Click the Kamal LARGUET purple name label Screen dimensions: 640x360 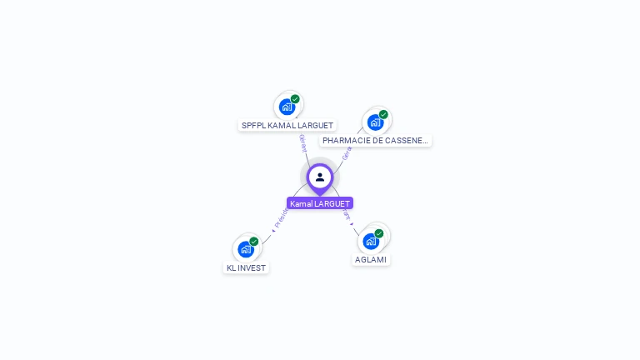(x=320, y=203)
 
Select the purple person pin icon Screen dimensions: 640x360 (x=320, y=177)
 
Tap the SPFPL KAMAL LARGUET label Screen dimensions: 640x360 (x=287, y=125)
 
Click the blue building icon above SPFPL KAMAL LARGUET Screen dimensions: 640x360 (x=287, y=107)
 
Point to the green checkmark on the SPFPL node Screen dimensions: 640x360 (x=295, y=99)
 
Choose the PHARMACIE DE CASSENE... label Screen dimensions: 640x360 (x=375, y=141)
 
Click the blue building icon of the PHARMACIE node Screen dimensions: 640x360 (x=375, y=122)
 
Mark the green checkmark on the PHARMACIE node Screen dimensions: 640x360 (x=383, y=114)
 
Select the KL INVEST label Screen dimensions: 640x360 (x=247, y=267)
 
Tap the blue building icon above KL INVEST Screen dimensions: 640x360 (x=245, y=249)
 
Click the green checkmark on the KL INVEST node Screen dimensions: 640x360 (x=254, y=242)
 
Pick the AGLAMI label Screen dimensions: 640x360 (x=371, y=259)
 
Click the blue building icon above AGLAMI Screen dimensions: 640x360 (x=371, y=241)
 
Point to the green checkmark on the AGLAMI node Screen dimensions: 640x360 (x=379, y=233)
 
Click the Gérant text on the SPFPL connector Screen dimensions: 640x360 (x=302, y=142)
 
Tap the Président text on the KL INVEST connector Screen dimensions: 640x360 (x=281, y=218)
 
